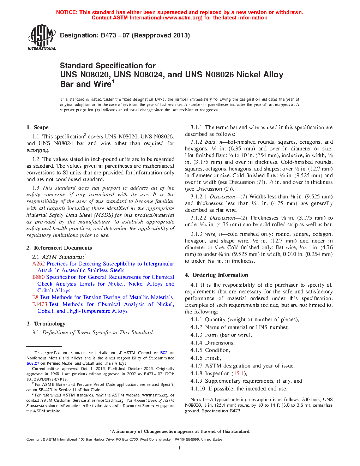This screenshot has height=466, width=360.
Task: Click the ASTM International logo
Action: [42, 37]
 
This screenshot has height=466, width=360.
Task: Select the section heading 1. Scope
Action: [37, 127]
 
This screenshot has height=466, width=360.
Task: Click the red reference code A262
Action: [38, 264]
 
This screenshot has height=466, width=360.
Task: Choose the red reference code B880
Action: [38, 277]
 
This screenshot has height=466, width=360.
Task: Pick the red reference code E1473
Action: [40, 304]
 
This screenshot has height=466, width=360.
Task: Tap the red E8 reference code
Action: [35, 297]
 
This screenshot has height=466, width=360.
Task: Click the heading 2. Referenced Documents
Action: [59, 248]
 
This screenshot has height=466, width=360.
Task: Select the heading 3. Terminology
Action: [46, 324]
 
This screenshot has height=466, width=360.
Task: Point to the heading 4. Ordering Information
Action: [216, 275]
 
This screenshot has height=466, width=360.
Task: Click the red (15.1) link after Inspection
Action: [238, 374]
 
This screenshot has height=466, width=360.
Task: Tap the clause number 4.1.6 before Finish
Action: [196, 358]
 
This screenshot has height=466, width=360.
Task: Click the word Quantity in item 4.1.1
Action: [215, 319]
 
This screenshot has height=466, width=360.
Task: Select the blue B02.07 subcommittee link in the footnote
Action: [33, 363]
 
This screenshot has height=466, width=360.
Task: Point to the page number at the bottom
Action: [180, 448]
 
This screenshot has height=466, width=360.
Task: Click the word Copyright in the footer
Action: [34, 440]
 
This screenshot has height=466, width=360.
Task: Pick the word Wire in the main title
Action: [102, 84]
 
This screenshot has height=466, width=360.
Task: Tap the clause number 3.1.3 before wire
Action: [196, 234]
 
